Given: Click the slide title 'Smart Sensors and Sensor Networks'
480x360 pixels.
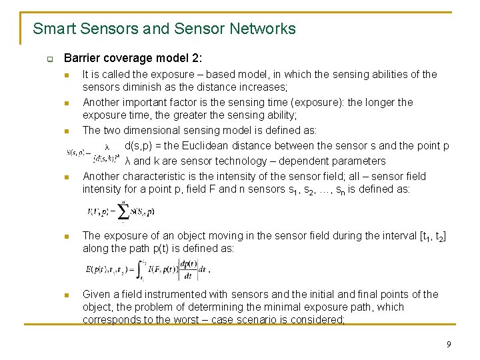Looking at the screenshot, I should pyautogui.click(x=164, y=29).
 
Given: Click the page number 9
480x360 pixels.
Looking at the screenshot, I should pyautogui.click(x=449, y=344).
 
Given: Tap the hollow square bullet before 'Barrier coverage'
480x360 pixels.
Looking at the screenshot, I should pyautogui.click(x=49, y=59).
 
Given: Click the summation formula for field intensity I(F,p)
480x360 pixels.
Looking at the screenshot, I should pyautogui.click(x=121, y=211).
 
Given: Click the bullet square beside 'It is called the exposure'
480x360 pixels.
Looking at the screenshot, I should pyautogui.click(x=67, y=75).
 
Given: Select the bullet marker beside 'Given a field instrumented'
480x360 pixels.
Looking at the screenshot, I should pyautogui.click(x=67, y=295).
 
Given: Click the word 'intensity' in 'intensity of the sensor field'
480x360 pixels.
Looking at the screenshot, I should pyautogui.click(x=240, y=176).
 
